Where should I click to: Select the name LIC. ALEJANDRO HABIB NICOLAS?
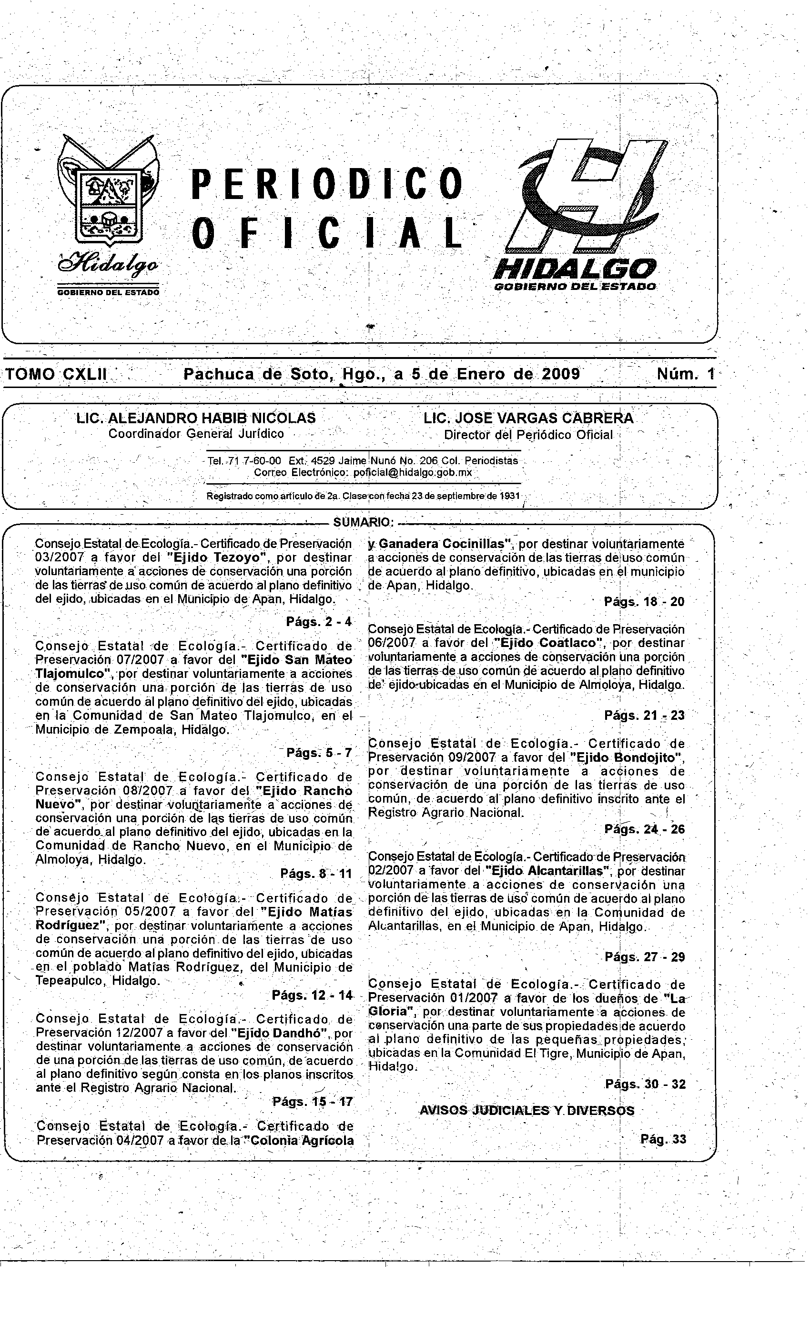click(196, 418)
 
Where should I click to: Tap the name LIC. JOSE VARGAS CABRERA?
click(528, 418)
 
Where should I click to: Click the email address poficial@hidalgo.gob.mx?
click(413, 473)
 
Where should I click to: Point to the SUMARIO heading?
click(363, 522)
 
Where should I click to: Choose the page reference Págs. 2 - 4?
click(319, 622)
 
